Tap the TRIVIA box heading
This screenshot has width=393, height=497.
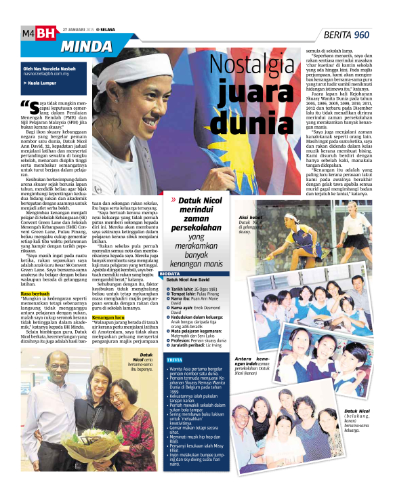tap(174, 359)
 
